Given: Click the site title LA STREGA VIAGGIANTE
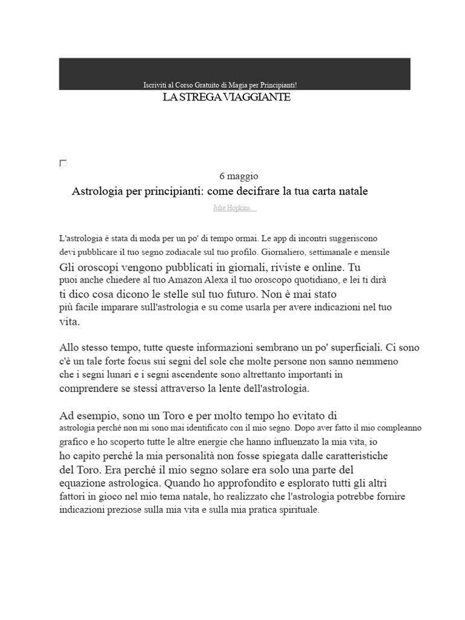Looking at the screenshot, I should (226, 97).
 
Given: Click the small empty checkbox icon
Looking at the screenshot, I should (63, 163).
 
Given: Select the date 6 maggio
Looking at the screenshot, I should (239, 176).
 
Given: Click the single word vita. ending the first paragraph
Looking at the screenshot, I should (70, 322).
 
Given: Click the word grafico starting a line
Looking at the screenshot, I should (73, 441).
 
